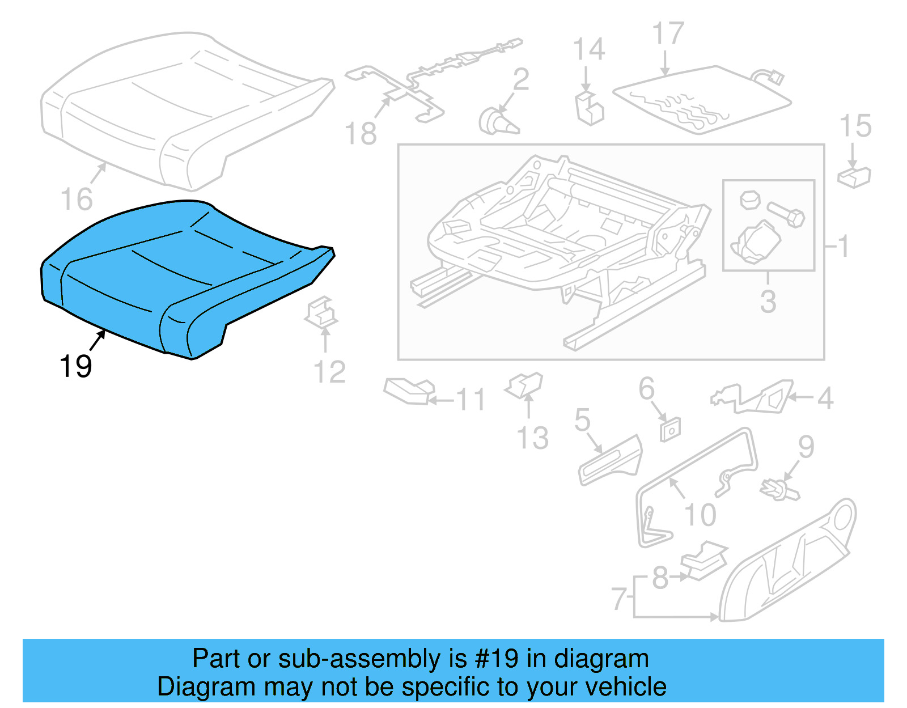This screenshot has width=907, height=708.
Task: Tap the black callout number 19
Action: pyautogui.click(x=75, y=366)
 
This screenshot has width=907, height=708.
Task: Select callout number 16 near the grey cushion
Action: pyautogui.click(x=77, y=199)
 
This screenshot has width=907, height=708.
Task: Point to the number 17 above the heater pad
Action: pyautogui.click(x=668, y=34)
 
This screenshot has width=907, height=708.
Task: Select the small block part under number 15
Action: pyautogui.click(x=854, y=176)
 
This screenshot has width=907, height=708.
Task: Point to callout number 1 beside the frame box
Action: pyautogui.click(x=844, y=246)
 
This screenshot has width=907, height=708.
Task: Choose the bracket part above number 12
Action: pyautogui.click(x=321, y=312)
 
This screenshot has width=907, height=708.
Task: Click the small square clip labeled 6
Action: pyautogui.click(x=670, y=430)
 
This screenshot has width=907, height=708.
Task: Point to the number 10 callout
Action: pyautogui.click(x=701, y=515)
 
